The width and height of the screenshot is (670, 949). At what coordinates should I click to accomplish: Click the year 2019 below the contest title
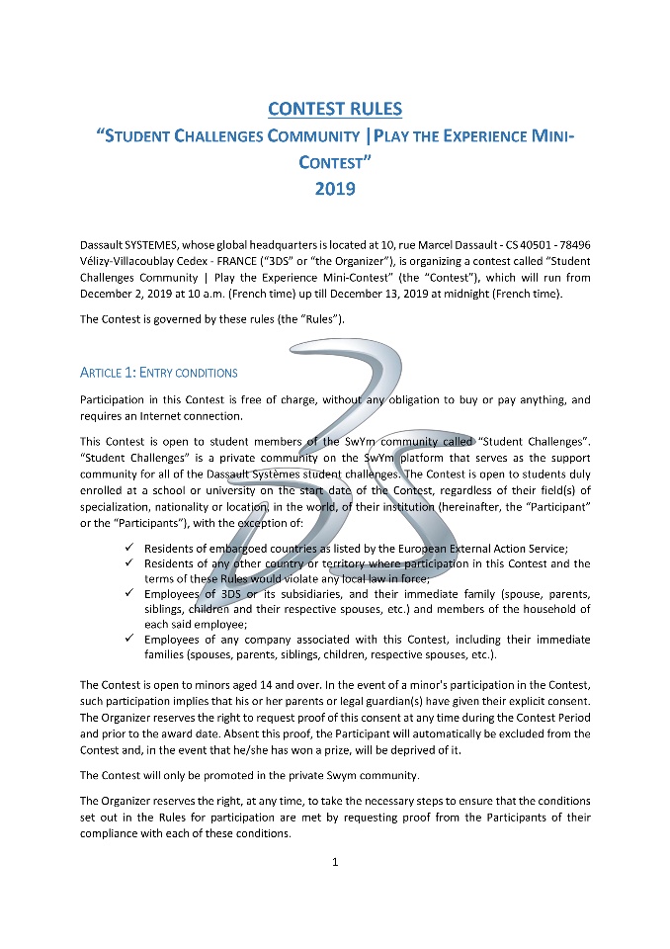pyautogui.click(x=335, y=186)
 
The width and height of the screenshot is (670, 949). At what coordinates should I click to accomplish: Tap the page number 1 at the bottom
pyautogui.click(x=335, y=862)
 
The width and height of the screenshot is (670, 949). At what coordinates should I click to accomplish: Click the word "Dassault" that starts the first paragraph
pyautogui.click(x=104, y=244)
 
